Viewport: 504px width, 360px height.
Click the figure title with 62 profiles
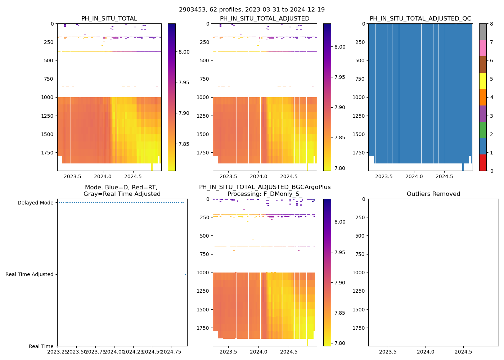click(252, 10)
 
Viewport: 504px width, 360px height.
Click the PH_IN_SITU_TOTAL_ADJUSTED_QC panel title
click(420, 19)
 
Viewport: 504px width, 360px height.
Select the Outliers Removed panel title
click(433, 194)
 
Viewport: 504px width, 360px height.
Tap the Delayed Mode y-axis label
click(35, 203)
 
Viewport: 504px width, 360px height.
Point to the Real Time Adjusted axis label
click(29, 274)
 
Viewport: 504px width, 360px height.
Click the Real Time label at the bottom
click(41, 346)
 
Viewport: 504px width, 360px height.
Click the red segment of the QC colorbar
click(483, 163)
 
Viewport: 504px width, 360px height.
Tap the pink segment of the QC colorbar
click(483, 48)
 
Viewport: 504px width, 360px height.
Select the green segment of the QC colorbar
click(483, 130)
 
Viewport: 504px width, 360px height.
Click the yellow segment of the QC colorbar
click(483, 81)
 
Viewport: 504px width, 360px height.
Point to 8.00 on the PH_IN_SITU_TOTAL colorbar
click(184, 52)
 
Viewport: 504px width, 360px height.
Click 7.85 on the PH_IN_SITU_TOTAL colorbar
click(184, 144)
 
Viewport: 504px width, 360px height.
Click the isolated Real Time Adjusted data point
click(185, 274)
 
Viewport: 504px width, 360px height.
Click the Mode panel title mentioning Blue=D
click(122, 190)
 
